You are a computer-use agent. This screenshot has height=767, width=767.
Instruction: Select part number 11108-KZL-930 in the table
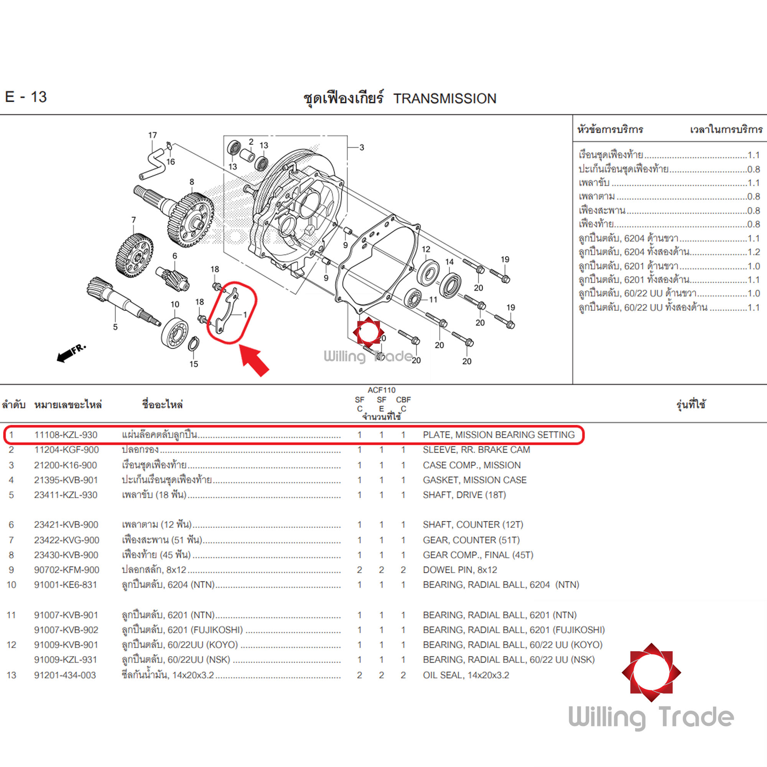[x=66, y=435]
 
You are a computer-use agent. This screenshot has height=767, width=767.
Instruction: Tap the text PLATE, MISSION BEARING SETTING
[x=499, y=435]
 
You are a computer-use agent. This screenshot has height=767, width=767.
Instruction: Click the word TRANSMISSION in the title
[x=444, y=99]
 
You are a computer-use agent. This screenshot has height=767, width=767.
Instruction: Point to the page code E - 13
[x=26, y=97]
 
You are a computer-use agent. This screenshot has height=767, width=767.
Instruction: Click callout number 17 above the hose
[x=153, y=135]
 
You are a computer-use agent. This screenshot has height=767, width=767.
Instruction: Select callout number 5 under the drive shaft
[x=115, y=327]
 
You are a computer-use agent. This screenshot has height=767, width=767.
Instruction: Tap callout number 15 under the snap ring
[x=193, y=364]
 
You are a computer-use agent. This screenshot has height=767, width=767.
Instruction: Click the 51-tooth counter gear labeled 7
[x=134, y=256]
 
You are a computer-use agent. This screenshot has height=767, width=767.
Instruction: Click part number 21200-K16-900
[x=66, y=465]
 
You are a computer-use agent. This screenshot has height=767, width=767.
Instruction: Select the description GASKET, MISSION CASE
[x=474, y=480]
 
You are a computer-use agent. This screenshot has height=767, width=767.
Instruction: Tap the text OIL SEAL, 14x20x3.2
[x=466, y=675]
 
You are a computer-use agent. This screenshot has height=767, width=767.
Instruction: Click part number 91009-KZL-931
[x=66, y=659]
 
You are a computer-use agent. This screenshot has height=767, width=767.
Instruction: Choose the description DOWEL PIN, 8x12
[x=460, y=570]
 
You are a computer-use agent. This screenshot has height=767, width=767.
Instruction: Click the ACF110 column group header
[x=381, y=390]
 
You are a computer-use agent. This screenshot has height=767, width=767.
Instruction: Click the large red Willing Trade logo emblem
[x=651, y=672]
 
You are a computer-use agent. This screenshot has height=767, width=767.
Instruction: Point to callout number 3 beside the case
[x=362, y=147]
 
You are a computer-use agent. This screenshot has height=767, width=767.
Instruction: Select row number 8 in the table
[x=11, y=555]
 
